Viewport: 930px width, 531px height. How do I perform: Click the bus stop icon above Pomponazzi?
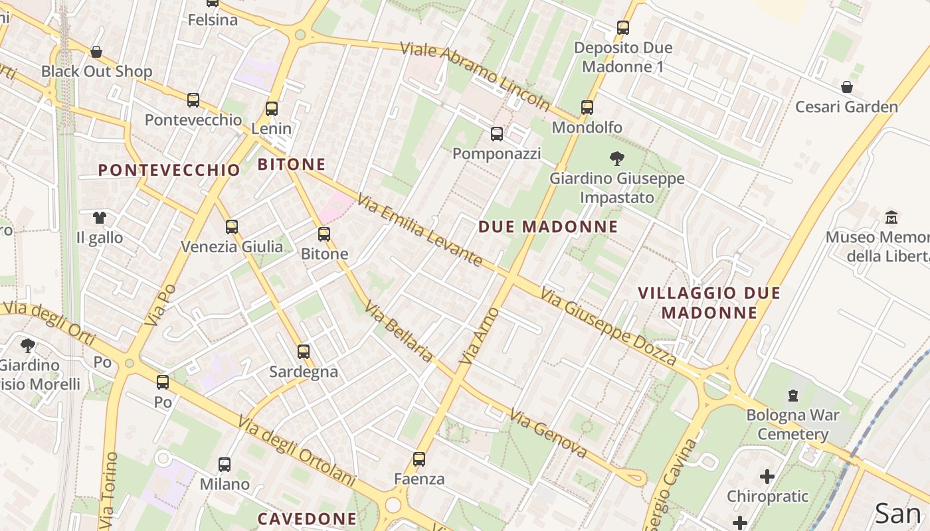tap(496, 134)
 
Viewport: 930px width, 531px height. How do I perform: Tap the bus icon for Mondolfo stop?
tap(587, 108)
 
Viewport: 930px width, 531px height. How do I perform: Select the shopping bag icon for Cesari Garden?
tap(846, 87)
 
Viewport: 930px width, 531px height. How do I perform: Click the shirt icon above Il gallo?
tap(99, 217)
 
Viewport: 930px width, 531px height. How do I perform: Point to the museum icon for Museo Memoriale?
tap(891, 217)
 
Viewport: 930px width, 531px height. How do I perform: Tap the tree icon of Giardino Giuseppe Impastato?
tap(616, 159)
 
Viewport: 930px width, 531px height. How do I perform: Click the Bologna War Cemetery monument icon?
tap(792, 396)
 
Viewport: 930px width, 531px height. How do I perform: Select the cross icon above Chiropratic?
tap(767, 476)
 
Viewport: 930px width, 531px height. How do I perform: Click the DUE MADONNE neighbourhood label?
tap(548, 227)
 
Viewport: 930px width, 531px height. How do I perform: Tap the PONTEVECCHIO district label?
tap(169, 170)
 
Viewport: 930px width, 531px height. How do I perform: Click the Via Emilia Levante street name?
tap(419, 230)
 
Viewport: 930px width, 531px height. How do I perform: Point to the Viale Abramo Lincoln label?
tap(475, 77)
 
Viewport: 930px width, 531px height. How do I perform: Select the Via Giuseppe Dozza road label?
tap(608, 326)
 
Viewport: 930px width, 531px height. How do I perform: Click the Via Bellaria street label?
tap(399, 333)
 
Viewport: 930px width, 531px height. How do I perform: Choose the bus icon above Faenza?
tap(418, 459)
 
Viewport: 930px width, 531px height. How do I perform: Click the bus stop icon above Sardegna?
tap(304, 352)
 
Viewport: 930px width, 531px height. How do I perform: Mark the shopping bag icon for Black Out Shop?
tap(96, 52)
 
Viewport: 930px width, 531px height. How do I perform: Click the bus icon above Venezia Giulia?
tap(231, 227)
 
